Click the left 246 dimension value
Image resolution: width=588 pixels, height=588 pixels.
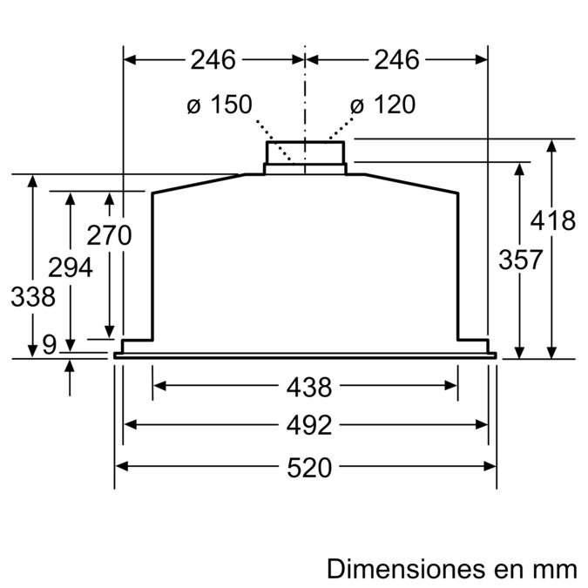[213, 60]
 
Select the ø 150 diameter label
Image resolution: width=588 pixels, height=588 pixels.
[219, 105]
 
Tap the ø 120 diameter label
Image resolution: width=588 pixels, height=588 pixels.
[382, 105]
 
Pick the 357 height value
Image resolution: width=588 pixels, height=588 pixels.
[520, 259]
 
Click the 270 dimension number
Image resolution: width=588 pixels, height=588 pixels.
[109, 235]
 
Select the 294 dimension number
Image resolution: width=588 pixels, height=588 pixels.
[71, 267]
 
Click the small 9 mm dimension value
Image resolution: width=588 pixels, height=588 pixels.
[49, 345]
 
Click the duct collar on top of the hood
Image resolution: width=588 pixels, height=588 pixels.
[305, 155]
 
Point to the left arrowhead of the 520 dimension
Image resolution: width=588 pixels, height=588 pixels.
[122, 466]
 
